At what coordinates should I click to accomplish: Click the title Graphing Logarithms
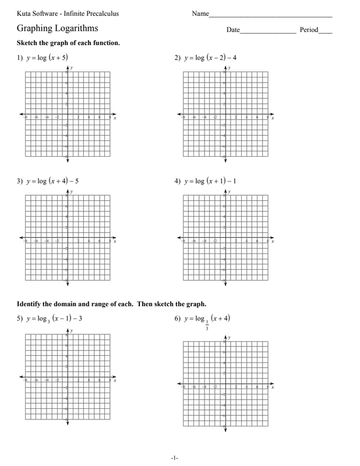point(57,29)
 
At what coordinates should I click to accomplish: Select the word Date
point(233,30)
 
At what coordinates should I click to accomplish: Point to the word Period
point(309,30)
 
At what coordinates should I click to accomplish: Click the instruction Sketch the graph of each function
point(69,43)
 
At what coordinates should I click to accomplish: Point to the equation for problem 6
point(209,318)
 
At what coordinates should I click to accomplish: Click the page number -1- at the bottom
point(174,458)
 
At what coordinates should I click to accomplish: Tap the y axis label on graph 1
point(72,68)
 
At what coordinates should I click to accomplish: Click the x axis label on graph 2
point(273,118)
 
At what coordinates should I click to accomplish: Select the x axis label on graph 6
point(273,387)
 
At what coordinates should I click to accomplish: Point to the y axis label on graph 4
point(230,192)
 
